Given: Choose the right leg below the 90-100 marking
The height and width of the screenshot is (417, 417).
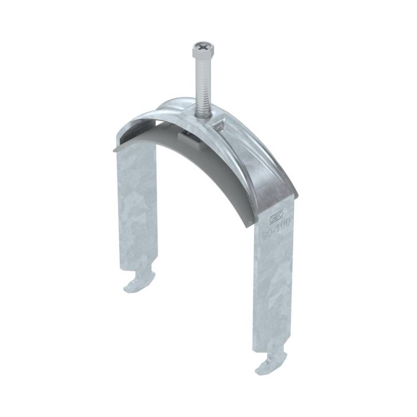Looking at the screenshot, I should pyautogui.click(x=273, y=292).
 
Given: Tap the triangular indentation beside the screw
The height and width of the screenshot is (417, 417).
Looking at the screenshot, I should pyautogui.click(x=220, y=121).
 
